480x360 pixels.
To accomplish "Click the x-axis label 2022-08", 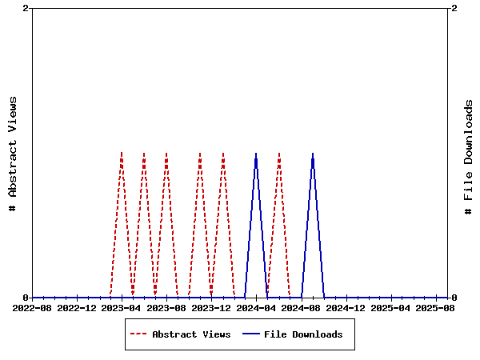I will tap(32, 307).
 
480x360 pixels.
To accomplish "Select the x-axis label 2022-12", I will tap(77, 307).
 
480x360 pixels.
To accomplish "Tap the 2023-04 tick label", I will tap(122, 307).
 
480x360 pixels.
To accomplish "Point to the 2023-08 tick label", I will tap(166, 307).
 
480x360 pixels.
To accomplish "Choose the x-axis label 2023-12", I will tap(211, 307).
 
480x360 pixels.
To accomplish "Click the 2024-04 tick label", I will tap(256, 307).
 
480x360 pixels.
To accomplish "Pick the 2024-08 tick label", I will tap(302, 307).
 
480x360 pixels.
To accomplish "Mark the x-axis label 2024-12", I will tap(346, 307).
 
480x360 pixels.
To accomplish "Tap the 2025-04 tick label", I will tap(391, 307).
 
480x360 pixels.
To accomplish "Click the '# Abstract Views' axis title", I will tap(13, 153).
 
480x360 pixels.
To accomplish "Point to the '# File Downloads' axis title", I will tap(469, 157).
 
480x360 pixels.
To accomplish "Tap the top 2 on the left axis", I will tap(26, 8).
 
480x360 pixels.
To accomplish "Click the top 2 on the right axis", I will tap(454, 8).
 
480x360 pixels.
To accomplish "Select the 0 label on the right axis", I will tap(454, 298).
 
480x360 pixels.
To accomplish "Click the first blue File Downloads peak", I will tap(256, 153).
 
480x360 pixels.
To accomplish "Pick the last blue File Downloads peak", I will tap(313, 153).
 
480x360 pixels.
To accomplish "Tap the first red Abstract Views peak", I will tap(122, 153).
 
